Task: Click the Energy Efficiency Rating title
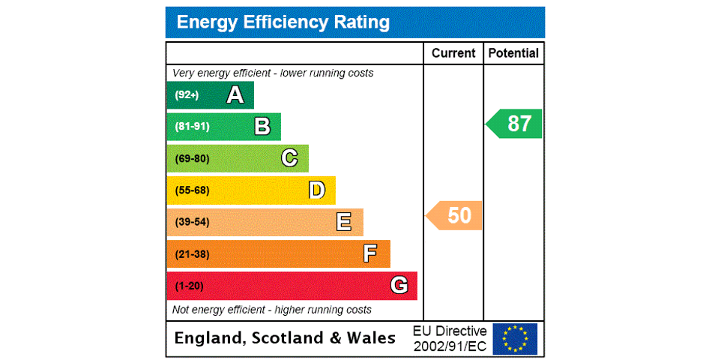click(283, 22)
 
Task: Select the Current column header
click(453, 53)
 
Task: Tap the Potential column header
click(513, 53)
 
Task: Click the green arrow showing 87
click(515, 124)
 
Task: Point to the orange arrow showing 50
click(455, 216)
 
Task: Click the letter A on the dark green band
click(235, 95)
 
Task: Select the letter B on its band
click(262, 127)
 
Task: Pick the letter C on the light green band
click(289, 158)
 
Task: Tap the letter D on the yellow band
click(317, 190)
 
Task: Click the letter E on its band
click(344, 222)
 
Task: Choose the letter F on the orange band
click(370, 254)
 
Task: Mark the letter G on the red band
click(399, 286)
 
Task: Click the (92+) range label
click(187, 95)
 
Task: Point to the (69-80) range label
click(192, 158)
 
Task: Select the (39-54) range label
click(192, 222)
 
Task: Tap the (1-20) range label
click(189, 286)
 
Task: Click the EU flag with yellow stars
click(515, 339)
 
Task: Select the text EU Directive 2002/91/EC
click(450, 339)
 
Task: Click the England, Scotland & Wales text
click(285, 339)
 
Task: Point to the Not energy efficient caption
click(272, 310)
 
